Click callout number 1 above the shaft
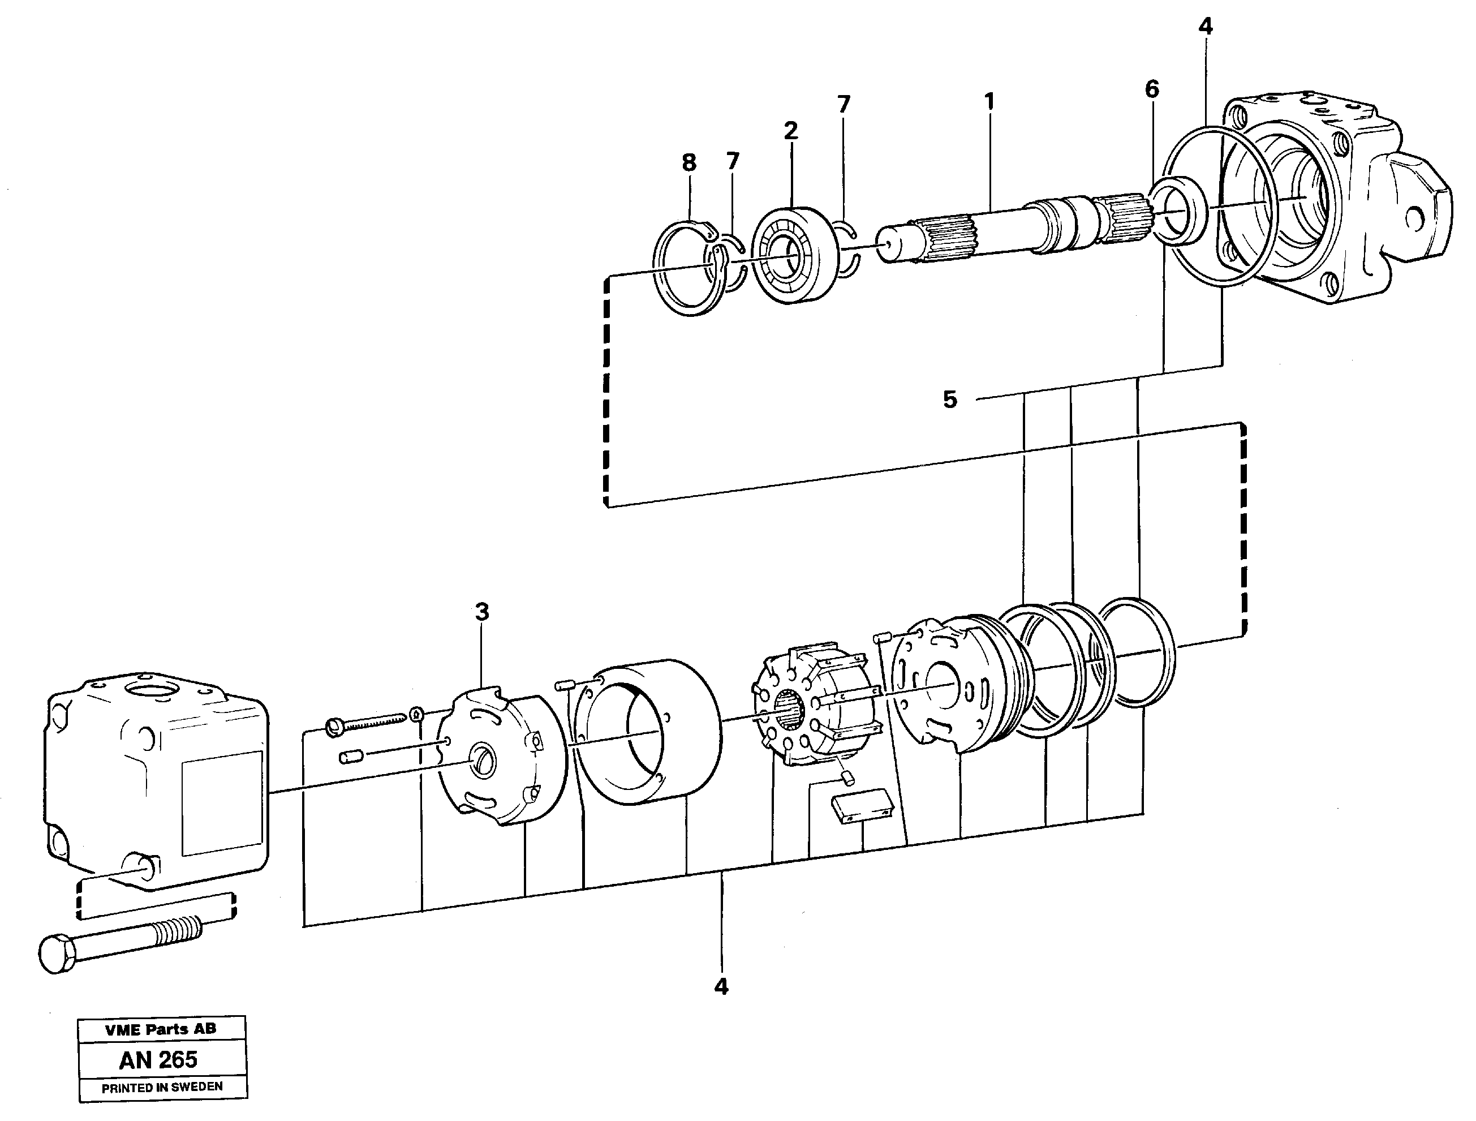989,102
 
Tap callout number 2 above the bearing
791,131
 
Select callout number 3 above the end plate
482,611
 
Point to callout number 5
950,400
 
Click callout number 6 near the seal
1152,89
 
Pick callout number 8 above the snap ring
688,163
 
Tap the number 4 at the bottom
721,986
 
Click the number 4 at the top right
1205,27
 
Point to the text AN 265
159,1060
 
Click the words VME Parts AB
160,1029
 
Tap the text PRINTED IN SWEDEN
162,1087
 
